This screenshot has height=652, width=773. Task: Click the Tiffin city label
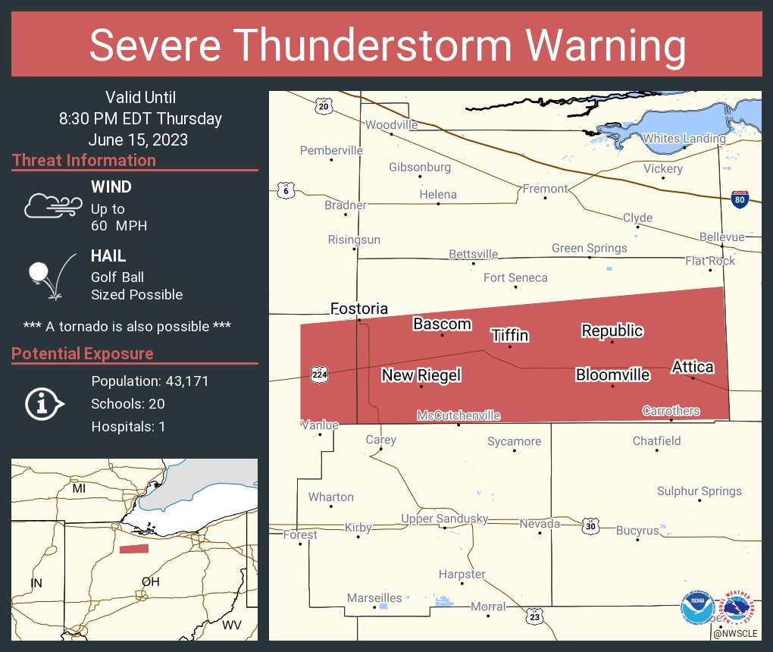pos(509,336)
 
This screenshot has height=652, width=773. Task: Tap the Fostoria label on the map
pos(358,309)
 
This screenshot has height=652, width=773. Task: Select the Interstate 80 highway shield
pos(740,199)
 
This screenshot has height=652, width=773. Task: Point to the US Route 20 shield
pos(324,106)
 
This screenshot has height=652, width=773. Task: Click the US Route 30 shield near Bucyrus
pos(591,525)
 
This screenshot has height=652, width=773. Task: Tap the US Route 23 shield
pos(534,617)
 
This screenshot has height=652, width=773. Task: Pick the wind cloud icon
pos(52,205)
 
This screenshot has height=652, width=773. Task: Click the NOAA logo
pos(696,608)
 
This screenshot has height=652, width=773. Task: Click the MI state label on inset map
pos(79,489)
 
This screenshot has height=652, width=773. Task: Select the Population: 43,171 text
pos(149,381)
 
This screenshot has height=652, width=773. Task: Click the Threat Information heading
pos(84,160)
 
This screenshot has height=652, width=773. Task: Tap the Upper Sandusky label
pos(444,519)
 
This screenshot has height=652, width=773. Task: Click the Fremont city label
pos(545,188)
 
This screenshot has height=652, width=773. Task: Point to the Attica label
pos(693,367)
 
